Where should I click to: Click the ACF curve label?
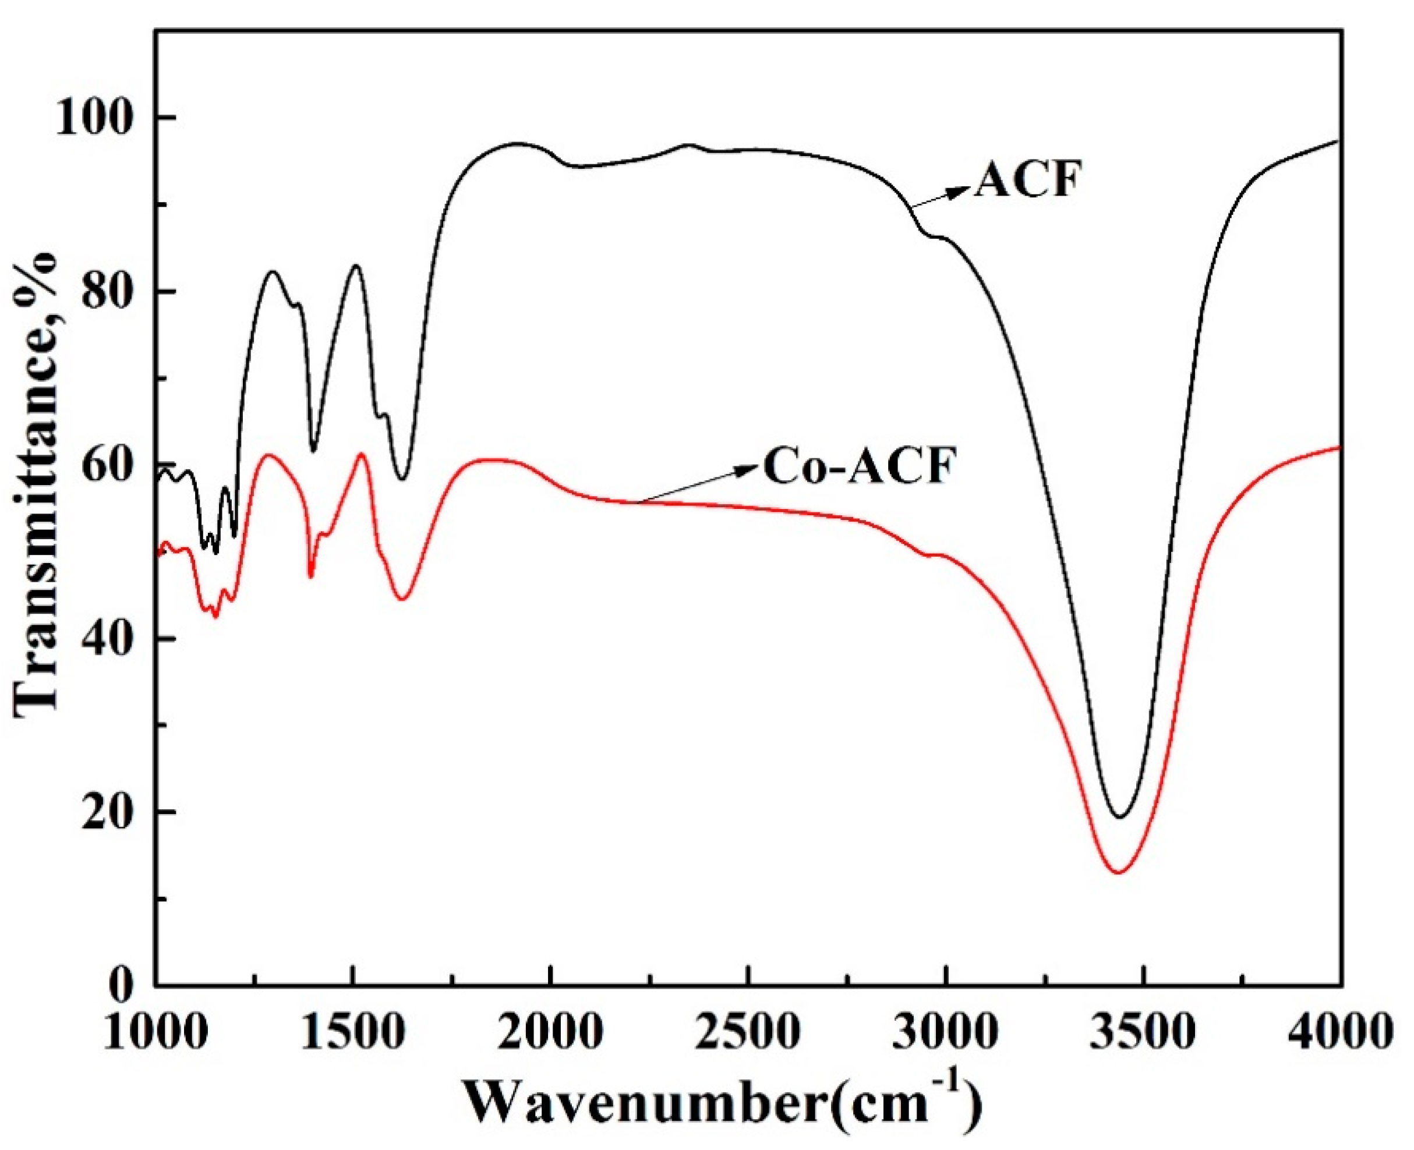click(1028, 180)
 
